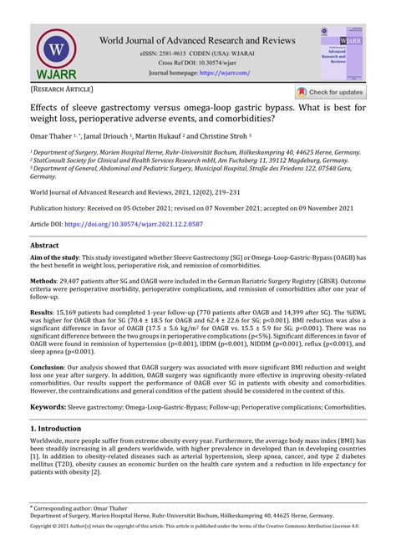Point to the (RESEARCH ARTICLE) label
click(63, 89)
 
